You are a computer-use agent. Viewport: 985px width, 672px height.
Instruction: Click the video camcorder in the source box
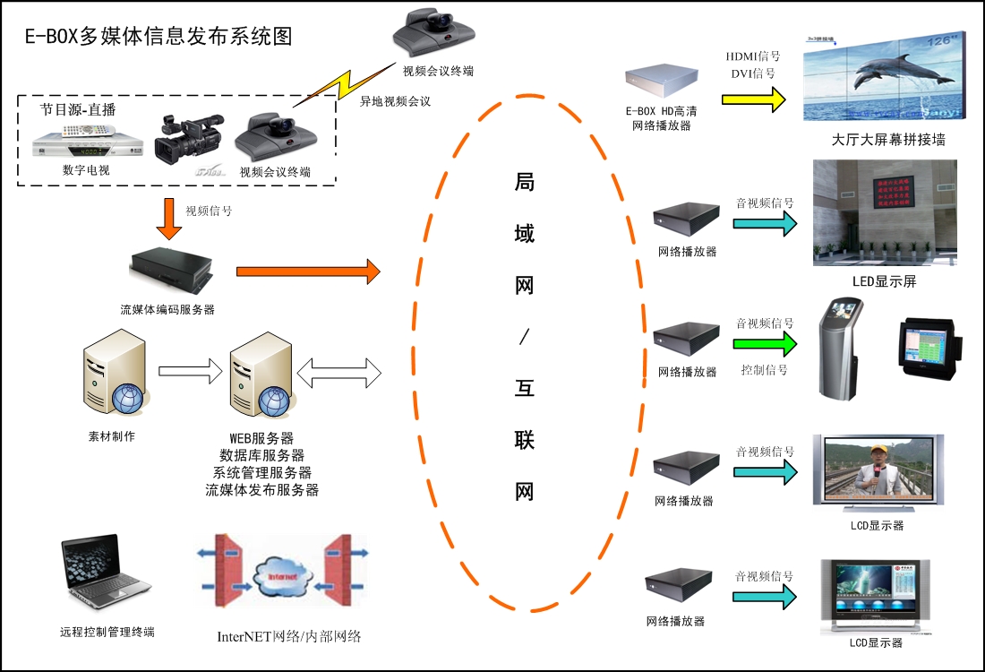[187, 139]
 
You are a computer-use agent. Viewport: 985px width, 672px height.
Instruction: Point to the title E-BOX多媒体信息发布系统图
[158, 37]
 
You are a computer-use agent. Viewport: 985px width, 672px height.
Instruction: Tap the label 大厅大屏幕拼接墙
[887, 140]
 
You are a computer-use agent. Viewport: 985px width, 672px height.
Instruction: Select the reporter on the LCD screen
[877, 475]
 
